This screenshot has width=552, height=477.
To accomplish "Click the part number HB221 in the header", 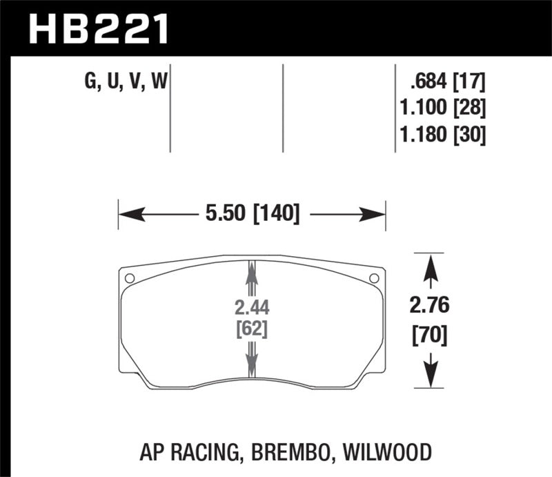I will (x=97, y=28).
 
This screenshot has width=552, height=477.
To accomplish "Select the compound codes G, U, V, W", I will (x=126, y=83).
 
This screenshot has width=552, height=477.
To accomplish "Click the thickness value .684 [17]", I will (x=447, y=83).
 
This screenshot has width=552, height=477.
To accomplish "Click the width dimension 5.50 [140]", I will (x=251, y=215).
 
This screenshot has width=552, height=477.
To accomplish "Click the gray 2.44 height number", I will (x=250, y=308).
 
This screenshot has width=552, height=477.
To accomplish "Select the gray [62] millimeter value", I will (x=250, y=329).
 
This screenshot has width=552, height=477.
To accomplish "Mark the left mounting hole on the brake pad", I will (x=129, y=278).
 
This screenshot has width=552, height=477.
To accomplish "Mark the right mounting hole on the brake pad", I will (x=374, y=278).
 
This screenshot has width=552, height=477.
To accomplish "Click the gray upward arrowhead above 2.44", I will (x=251, y=273).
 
